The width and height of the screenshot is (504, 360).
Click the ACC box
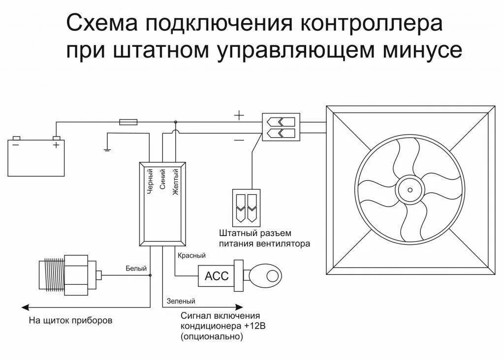216,276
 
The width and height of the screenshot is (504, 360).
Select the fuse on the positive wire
129,121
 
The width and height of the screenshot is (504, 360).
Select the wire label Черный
151,182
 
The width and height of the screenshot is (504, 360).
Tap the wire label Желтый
175,182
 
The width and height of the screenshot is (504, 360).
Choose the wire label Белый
136,269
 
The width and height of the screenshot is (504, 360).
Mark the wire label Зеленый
181,301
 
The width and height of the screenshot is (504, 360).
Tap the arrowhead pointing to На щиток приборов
24,307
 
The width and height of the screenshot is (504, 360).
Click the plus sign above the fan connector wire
239,116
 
